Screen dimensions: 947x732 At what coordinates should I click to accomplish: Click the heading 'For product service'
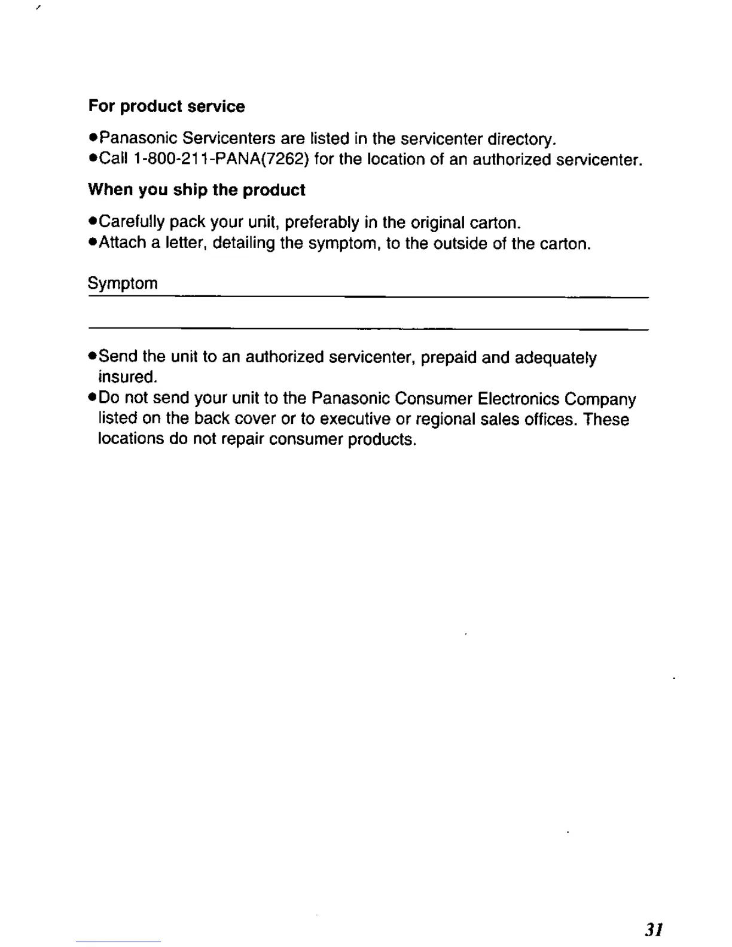tap(166, 106)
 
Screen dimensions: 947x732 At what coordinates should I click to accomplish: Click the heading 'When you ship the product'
tap(196, 190)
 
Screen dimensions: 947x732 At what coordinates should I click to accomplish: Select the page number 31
tap(654, 930)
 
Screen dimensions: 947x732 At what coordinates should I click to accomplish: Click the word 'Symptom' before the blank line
tap(123, 283)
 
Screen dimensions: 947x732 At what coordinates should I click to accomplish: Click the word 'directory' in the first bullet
tap(521, 139)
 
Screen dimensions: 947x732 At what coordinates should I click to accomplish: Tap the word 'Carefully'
tap(132, 222)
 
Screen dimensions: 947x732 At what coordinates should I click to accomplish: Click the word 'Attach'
tap(123, 243)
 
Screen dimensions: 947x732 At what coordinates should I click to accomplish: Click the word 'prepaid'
tap(449, 358)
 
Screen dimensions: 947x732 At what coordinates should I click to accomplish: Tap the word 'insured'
tap(127, 377)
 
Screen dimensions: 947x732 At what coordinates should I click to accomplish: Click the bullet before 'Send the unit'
tap(93, 357)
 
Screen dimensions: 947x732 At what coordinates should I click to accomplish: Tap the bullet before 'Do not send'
tap(93, 398)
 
